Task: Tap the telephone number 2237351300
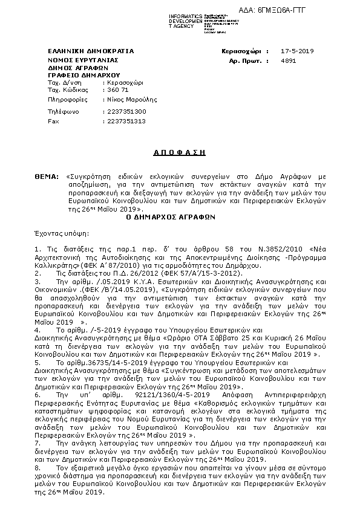click(x=126, y=111)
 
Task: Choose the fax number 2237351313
click(x=126, y=120)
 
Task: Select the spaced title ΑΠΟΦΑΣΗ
click(x=180, y=152)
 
